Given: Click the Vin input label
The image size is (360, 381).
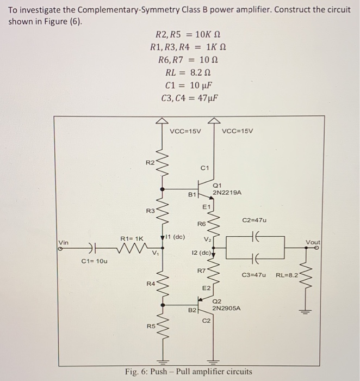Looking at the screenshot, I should pos(64,242).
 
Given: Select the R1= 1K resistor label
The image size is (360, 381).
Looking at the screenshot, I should pos(132,238).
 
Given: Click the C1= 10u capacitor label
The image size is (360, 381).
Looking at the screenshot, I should pos(95,261).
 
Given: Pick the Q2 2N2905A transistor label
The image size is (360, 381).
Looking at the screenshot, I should pos(226,305).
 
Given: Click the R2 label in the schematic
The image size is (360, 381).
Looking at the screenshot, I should pos(150,162).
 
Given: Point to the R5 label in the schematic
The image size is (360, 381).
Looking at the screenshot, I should pos(150,326).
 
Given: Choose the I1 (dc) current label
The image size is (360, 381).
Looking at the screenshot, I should pos(175,237).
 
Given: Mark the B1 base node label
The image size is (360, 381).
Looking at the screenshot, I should pos(191,194).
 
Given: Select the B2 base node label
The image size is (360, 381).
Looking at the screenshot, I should pos(191,310).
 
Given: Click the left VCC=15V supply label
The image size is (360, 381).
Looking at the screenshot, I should pos(185,131).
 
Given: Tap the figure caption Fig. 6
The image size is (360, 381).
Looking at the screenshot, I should pos(188,372).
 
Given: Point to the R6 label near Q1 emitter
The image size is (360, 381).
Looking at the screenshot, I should pos(201,224).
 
